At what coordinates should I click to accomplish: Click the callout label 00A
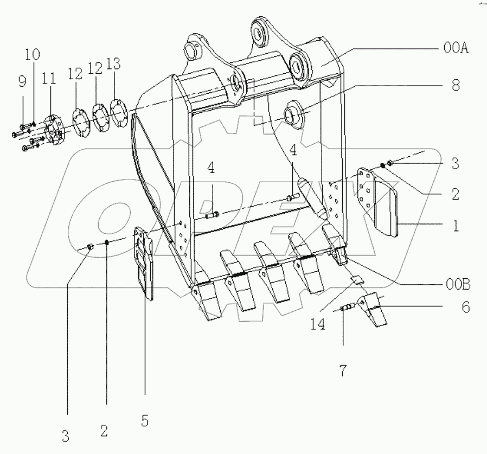(456, 49)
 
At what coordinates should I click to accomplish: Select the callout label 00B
(458, 285)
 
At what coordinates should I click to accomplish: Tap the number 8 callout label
(456, 86)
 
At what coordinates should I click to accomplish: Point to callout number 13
(113, 64)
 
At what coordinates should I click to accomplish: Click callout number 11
(49, 78)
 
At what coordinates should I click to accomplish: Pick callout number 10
(33, 54)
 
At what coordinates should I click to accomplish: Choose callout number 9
(22, 82)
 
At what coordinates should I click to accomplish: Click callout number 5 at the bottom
(145, 421)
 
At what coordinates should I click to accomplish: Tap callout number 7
(343, 370)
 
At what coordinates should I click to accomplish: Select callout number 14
(318, 324)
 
